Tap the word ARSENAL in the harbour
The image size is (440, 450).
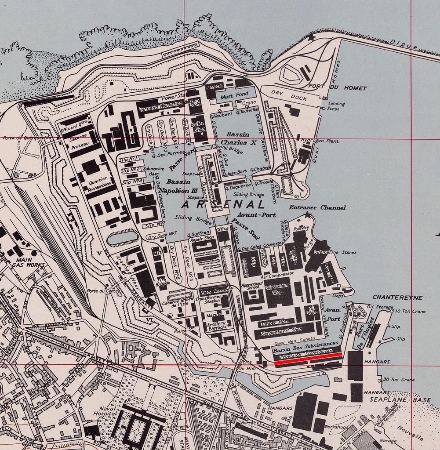pos(223,205)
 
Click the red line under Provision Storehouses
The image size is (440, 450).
pos(308,358)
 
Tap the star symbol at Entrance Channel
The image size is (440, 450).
pos(307,214)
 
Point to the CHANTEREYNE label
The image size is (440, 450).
pos(397,298)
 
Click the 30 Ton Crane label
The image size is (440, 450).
pos(399,379)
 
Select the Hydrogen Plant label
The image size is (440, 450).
pos(319,140)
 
